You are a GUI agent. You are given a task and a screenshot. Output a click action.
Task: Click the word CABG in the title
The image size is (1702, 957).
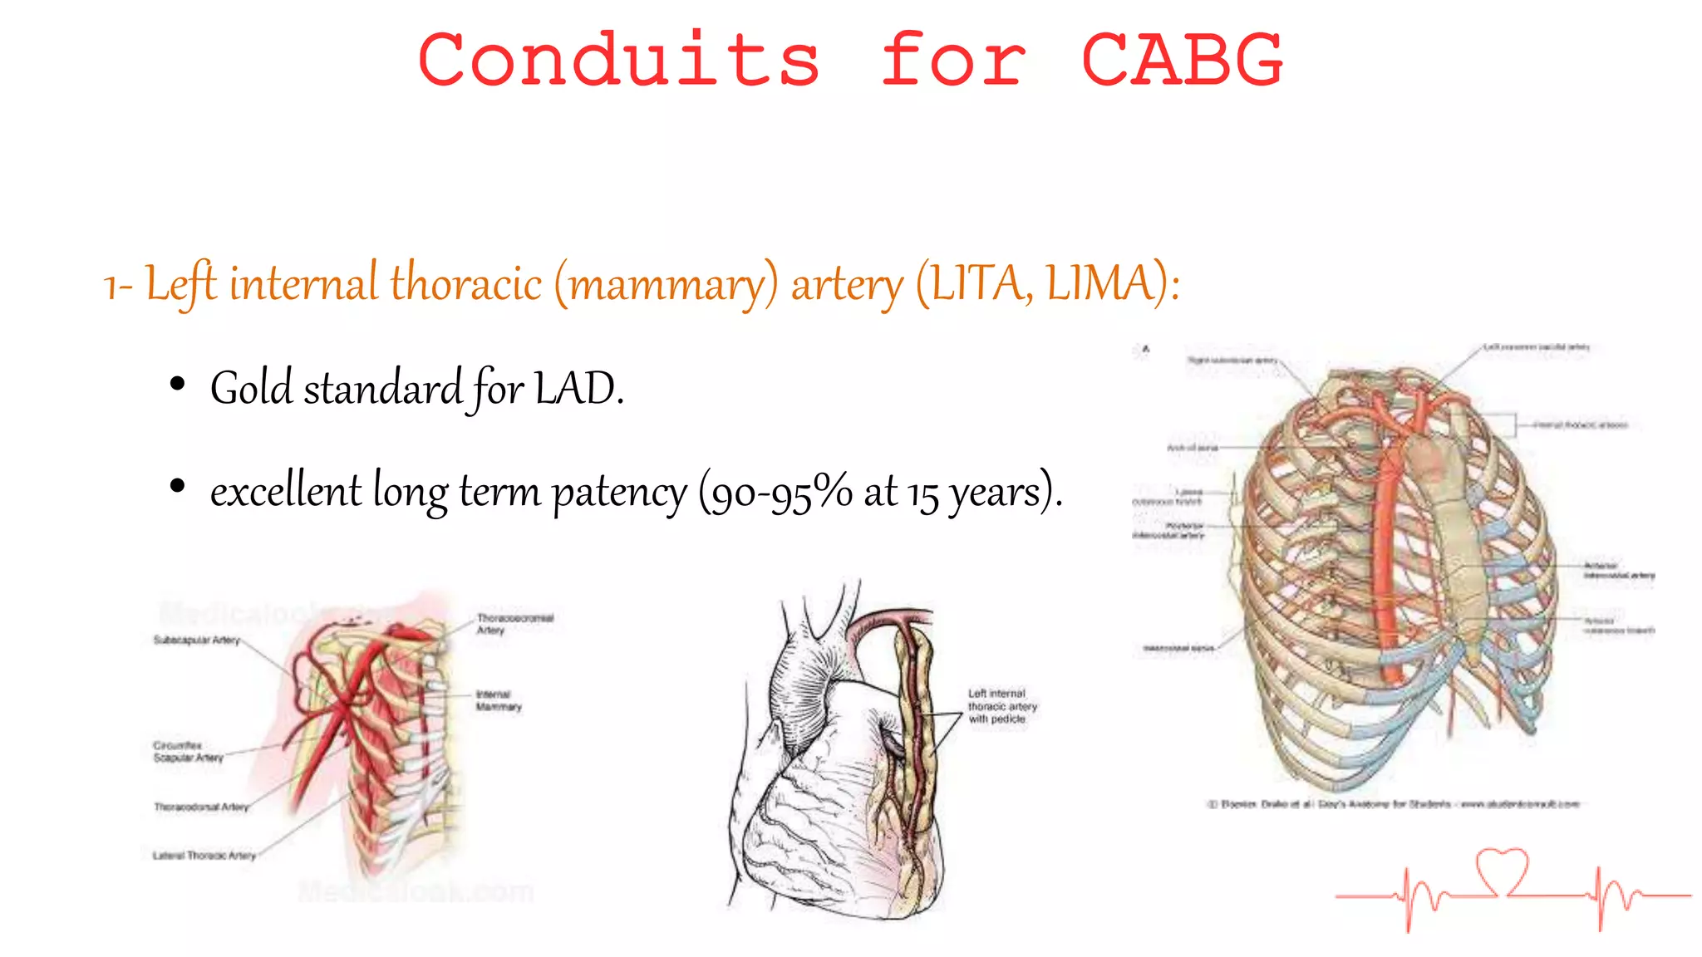pos(1182,60)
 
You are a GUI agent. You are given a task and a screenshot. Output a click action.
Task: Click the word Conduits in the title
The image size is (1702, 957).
pos(619,60)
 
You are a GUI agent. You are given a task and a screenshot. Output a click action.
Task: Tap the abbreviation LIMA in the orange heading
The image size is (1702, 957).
pos(1100,284)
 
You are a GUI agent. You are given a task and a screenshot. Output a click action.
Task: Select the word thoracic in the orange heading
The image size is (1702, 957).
pos(466,284)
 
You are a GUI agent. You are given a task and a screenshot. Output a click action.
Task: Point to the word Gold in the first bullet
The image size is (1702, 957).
pos(251,389)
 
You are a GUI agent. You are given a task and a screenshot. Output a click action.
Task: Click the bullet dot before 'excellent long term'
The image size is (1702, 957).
pos(177,487)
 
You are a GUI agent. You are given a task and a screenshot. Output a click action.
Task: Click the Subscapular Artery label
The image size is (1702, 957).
pos(196,640)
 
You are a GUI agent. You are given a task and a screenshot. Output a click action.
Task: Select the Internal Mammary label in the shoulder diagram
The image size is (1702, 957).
pos(499,700)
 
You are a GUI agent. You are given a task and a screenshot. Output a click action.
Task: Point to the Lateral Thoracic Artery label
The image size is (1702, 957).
pos(204,855)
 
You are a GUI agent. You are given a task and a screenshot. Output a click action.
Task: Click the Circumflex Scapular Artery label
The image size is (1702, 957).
pos(188,752)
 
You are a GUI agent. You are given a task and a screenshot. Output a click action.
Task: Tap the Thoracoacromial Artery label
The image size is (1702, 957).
pos(514,624)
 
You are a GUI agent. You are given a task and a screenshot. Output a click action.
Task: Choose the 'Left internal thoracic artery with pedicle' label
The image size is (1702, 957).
pos(1002,706)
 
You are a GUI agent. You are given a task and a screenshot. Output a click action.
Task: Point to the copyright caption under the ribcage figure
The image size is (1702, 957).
pos(1393,804)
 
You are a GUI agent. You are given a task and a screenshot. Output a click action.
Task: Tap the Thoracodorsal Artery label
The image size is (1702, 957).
pos(201,807)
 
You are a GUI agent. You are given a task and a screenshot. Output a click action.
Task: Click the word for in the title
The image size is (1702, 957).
pos(953,60)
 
